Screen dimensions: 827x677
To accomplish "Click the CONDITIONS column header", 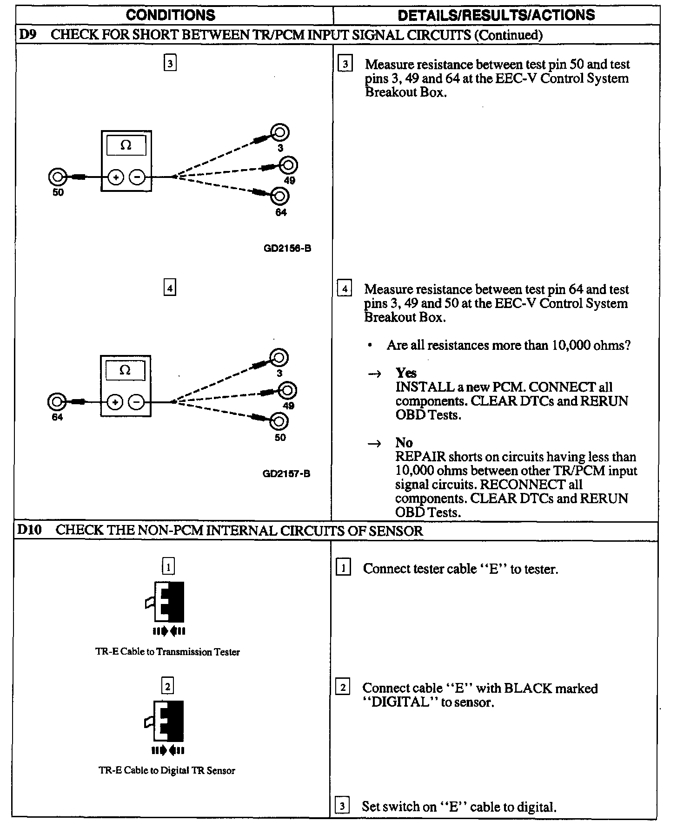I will tap(171, 15).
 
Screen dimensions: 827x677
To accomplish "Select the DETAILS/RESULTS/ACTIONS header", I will tap(496, 15).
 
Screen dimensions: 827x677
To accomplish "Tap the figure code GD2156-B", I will tap(287, 249).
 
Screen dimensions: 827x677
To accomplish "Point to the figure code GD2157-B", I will tap(286, 474).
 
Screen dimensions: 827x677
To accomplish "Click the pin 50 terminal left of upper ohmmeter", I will tap(57, 177).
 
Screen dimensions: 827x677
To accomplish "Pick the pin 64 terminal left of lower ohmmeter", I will tap(57, 402).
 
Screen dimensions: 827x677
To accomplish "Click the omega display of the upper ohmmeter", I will tap(126, 146).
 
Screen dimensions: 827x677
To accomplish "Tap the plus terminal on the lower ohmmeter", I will tap(115, 402).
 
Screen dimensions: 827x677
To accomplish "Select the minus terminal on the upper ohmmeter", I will tap(137, 177).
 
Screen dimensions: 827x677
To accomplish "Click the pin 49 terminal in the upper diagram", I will tap(288, 165).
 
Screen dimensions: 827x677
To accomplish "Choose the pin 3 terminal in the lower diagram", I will tap(279, 358).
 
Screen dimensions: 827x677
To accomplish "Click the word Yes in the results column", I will tap(406, 373).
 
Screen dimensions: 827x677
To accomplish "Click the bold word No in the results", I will tap(404, 443).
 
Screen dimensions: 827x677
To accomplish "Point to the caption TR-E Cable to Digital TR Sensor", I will tap(167, 770).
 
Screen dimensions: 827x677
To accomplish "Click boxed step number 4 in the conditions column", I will tap(170, 289).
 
